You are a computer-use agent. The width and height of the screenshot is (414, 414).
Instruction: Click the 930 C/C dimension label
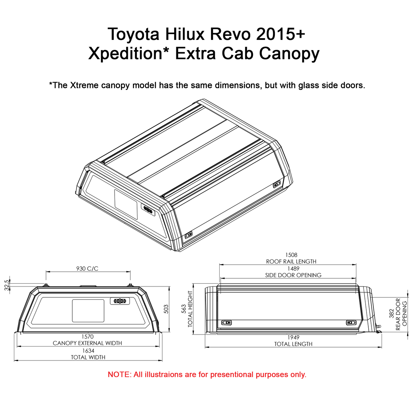click(87, 269)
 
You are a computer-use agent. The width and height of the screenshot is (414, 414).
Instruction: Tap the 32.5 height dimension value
click(6, 285)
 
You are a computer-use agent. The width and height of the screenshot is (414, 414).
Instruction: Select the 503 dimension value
click(166, 309)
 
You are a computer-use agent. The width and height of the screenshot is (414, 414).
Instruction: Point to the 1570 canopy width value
click(87, 337)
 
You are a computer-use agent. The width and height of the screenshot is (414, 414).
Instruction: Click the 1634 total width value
click(88, 351)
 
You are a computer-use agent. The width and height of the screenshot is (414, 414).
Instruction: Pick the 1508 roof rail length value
click(291, 255)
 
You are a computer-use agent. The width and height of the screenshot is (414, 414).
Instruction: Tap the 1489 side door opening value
click(293, 269)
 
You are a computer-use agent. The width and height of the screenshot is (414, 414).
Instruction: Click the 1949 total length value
click(293, 337)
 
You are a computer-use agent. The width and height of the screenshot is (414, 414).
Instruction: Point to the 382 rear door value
click(391, 314)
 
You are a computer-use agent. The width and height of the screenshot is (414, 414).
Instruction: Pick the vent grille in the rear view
click(120, 301)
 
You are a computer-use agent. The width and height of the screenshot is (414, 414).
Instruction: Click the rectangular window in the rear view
click(88, 311)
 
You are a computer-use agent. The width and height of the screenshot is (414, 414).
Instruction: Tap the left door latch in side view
click(226, 322)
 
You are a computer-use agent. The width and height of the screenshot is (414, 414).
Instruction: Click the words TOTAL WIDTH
click(88, 357)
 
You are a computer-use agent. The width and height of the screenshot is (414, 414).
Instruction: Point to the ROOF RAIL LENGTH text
click(291, 262)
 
